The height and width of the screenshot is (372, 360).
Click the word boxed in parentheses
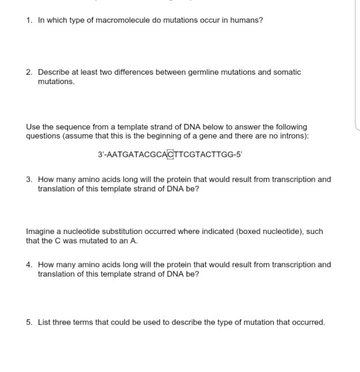(225, 232)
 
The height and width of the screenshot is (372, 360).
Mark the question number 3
(29, 179)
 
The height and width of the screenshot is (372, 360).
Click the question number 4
(29, 265)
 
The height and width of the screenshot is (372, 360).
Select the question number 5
(29, 322)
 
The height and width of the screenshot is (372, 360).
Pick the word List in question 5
(44, 322)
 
